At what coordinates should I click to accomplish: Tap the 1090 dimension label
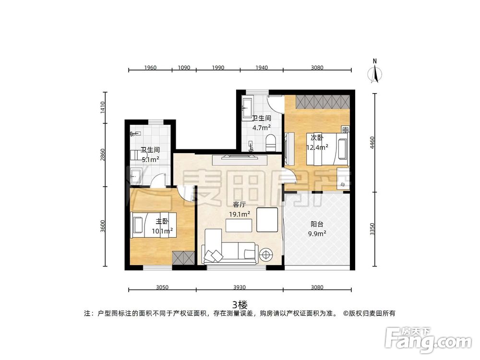184,68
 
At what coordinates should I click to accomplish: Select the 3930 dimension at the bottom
240,288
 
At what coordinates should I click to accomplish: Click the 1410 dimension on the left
103,108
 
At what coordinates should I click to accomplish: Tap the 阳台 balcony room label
317,224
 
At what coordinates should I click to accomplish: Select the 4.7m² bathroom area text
262,128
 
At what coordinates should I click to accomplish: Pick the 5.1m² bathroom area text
150,159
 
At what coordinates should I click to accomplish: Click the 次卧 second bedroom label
317,138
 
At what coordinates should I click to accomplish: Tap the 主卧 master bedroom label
162,221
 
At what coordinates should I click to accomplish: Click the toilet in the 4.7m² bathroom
271,143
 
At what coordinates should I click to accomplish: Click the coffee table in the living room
239,226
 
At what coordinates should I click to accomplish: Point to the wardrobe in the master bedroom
183,258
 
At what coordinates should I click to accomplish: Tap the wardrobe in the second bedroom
323,102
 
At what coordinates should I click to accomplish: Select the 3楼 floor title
240,305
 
